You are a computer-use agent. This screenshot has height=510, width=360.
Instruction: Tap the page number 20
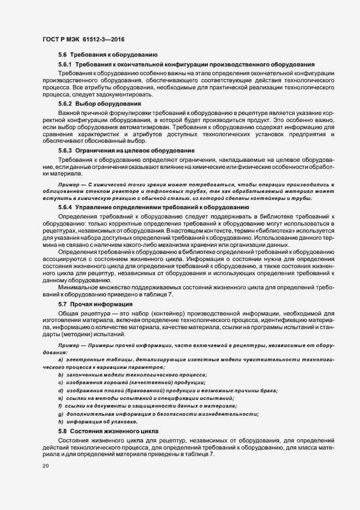(x=45, y=466)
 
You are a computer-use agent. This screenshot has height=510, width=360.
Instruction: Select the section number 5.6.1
(x=65, y=64)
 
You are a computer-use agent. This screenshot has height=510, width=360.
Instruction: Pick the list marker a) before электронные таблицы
(x=60, y=361)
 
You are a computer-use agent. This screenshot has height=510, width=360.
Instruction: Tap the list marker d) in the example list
(x=60, y=391)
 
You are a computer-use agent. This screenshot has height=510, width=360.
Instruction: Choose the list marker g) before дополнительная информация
(x=60, y=414)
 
